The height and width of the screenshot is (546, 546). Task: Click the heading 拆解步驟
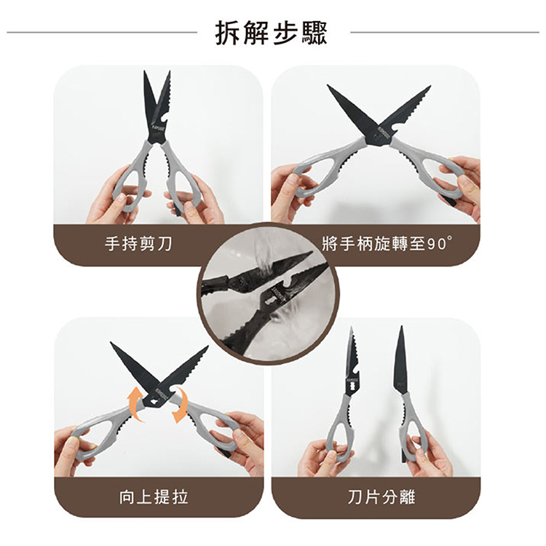point(272,33)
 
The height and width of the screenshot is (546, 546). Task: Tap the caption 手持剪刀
point(138,244)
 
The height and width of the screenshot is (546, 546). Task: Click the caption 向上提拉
point(153,496)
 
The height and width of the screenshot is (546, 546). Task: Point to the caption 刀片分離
point(381,496)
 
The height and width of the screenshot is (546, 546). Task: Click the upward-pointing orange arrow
point(135,404)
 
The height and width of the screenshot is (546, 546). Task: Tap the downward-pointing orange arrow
point(181,404)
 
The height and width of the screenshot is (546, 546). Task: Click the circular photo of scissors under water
point(268,293)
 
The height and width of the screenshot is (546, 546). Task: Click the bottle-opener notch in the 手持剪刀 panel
point(163,121)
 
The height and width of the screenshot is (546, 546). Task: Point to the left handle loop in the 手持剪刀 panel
point(132,181)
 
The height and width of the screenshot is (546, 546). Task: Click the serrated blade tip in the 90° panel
point(430,86)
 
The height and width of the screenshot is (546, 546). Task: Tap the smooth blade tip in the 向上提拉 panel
point(111,343)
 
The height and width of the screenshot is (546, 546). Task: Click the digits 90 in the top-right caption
point(437,245)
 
